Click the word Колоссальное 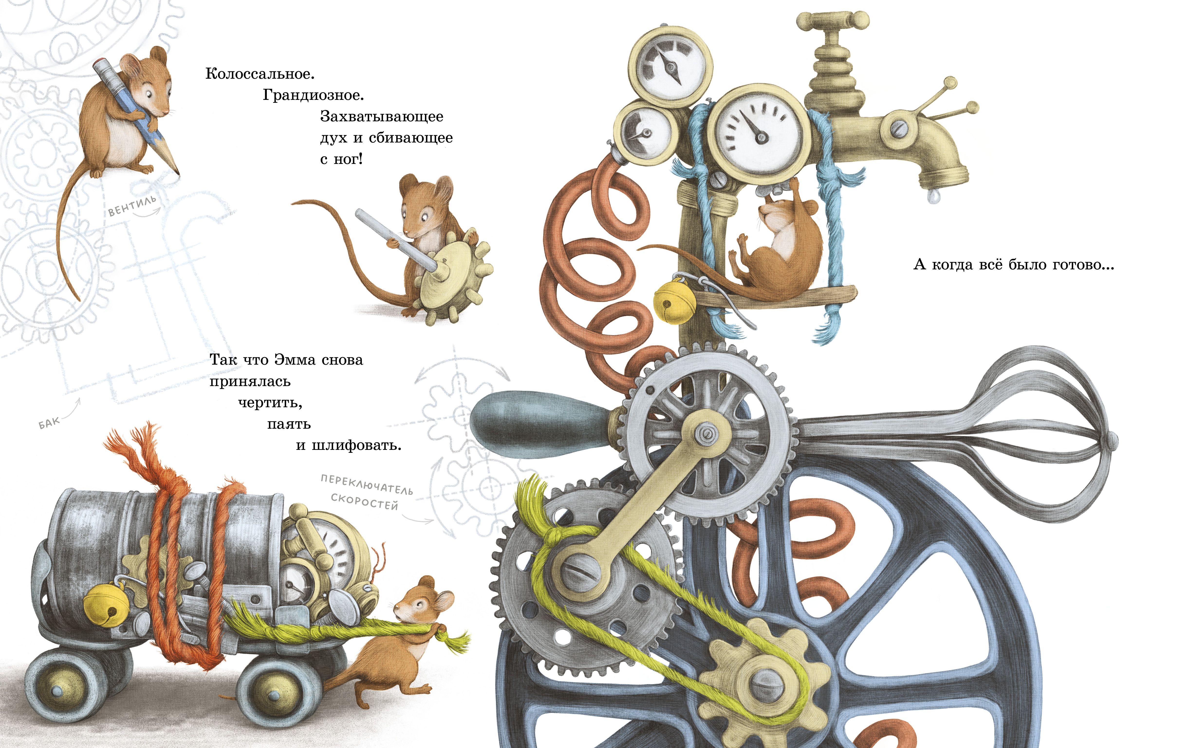(x=260, y=74)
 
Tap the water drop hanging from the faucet (x=934, y=196)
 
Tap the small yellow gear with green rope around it (x=764, y=681)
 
